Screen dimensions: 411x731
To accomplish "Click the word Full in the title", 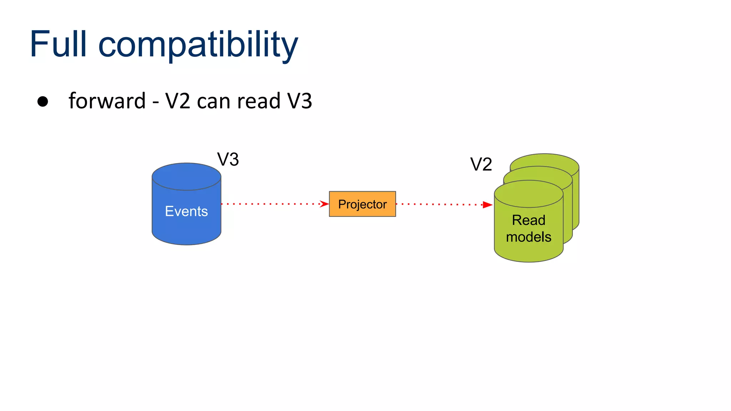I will (x=58, y=44).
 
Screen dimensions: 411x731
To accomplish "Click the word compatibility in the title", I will (x=198, y=46).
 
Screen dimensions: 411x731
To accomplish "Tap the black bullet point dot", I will (x=43, y=102).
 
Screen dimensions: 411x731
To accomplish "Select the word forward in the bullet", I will (x=107, y=101).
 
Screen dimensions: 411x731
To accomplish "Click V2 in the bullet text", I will (x=178, y=101).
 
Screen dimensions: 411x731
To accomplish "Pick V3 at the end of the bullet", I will (x=300, y=101).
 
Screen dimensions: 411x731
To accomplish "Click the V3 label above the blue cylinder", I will (x=228, y=159).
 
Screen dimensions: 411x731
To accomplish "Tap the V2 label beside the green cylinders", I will (x=481, y=164).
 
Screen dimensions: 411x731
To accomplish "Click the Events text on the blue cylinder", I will (x=186, y=211).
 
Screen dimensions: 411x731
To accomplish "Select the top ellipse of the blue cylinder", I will (x=186, y=176).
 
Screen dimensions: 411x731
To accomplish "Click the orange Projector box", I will (x=362, y=204).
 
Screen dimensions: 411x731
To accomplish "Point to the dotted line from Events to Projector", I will (x=271, y=204).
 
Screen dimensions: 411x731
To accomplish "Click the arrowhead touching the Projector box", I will (x=324, y=204).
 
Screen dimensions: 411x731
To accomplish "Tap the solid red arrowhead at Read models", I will (x=487, y=205).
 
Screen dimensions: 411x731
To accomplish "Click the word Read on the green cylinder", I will (x=529, y=220).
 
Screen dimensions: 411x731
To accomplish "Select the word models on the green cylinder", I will (x=529, y=237).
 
